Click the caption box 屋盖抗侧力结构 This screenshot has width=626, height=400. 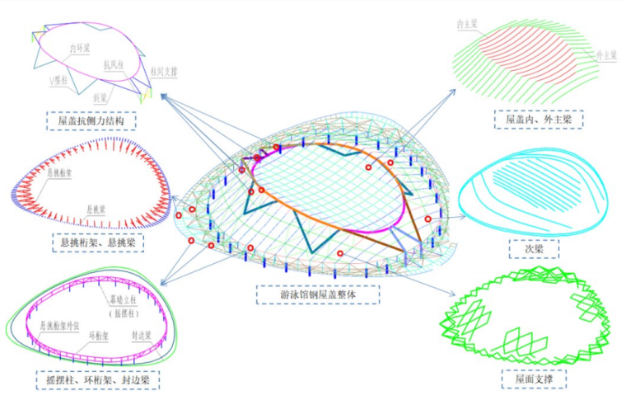[91, 120]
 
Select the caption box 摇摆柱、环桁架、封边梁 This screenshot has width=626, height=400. [98, 379]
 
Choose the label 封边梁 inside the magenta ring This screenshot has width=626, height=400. [142, 336]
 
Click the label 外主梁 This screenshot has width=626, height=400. [608, 54]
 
